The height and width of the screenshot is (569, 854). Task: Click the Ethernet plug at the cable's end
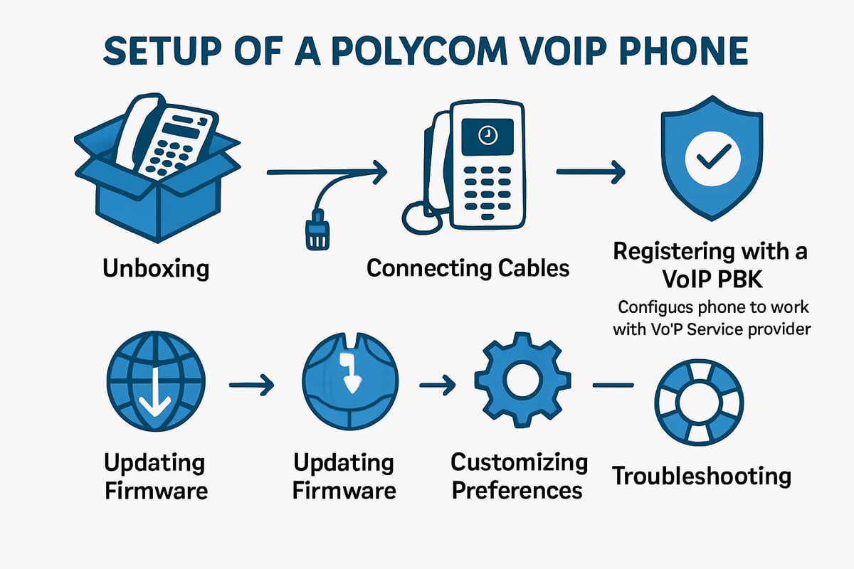(316, 233)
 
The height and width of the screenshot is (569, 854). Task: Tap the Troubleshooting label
(701, 475)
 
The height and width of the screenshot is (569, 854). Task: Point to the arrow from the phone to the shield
(590, 171)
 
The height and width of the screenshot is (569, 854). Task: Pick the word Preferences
(518, 490)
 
